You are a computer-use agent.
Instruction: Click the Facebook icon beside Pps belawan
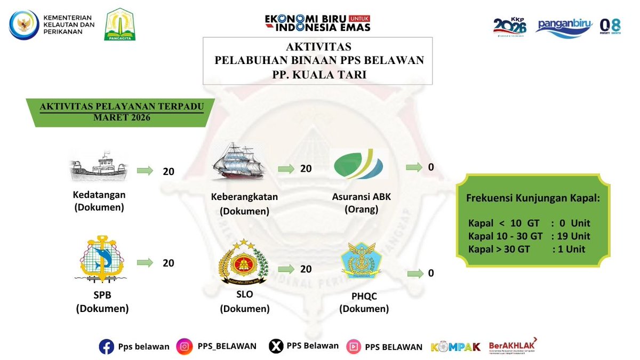pyautogui.click(x=107, y=347)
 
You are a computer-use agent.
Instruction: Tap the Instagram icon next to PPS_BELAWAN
pyautogui.click(x=185, y=347)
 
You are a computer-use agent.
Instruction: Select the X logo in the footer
pyautogui.click(x=275, y=347)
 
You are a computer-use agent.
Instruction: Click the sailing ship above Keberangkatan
pyautogui.click(x=238, y=163)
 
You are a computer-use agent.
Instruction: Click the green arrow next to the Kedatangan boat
pyautogui.click(x=145, y=171)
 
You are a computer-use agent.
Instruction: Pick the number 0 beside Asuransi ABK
pyautogui.click(x=431, y=167)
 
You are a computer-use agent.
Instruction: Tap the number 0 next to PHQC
pyautogui.click(x=431, y=273)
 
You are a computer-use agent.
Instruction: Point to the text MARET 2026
pyautogui.click(x=123, y=117)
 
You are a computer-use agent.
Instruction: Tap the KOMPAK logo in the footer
pyautogui.click(x=455, y=347)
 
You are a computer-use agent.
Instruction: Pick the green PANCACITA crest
pyautogui.click(x=120, y=25)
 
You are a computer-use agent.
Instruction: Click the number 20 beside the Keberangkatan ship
pyautogui.click(x=306, y=169)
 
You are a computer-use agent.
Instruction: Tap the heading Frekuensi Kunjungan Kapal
pyautogui.click(x=533, y=198)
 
